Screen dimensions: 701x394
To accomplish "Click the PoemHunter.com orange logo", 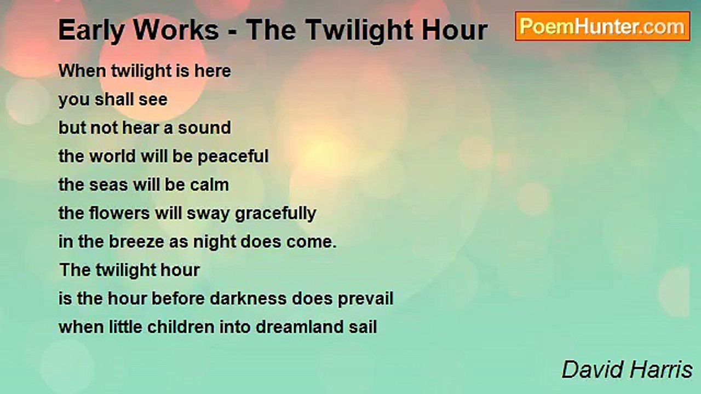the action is (602, 26).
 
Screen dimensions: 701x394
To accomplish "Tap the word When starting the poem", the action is (82, 71).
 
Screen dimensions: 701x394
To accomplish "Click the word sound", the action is (205, 128).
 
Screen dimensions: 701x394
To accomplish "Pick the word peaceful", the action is (233, 157).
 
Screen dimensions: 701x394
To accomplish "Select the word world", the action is (112, 156).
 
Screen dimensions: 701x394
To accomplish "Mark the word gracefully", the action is (275, 214).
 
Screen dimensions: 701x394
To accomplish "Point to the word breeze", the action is (136, 242).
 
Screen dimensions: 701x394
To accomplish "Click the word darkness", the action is (248, 298).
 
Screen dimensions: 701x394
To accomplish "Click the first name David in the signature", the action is (592, 369).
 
